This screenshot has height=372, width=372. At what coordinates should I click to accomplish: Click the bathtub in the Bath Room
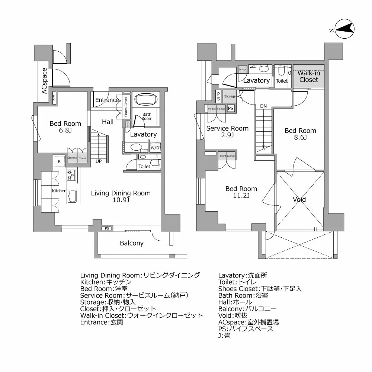146,100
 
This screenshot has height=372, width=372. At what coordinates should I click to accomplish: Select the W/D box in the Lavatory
154,148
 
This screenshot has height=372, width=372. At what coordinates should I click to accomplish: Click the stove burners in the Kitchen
71,174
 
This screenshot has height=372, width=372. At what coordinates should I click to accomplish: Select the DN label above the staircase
263,106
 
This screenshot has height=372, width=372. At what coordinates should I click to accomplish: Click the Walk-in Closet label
309,76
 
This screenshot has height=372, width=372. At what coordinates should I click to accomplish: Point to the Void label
299,199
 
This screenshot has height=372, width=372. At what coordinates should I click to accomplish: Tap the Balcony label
131,243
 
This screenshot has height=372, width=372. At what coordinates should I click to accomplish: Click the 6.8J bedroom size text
65,131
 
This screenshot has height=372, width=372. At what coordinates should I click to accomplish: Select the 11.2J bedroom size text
241,196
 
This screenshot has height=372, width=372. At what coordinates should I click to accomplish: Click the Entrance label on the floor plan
107,100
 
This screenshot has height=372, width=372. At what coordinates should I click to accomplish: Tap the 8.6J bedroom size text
300,138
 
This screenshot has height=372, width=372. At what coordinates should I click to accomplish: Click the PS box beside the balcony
107,228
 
